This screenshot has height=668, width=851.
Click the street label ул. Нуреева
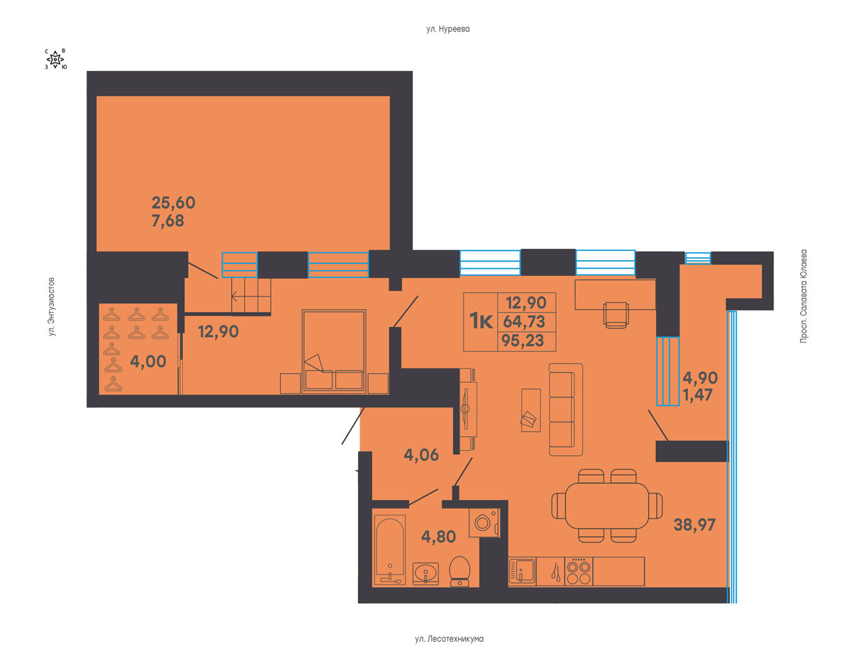[x=447, y=29]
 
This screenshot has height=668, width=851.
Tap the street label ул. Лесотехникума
[x=449, y=639]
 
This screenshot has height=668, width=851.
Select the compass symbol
[x=55, y=60]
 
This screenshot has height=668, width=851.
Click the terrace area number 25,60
[x=173, y=203]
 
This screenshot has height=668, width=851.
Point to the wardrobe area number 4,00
[x=148, y=362]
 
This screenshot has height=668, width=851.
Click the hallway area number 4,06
[x=421, y=455]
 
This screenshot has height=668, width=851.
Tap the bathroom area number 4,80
[x=438, y=536]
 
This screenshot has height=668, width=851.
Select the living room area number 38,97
[x=694, y=525]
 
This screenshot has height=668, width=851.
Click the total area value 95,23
[x=523, y=340]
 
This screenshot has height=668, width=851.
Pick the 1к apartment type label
[x=481, y=321]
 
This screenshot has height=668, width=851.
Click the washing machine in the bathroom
[x=484, y=523]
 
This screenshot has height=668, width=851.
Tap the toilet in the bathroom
[x=460, y=572]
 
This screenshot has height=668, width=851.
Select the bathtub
[x=389, y=550]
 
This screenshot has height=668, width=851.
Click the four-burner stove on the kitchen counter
[x=579, y=572]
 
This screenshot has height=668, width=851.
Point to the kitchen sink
[x=522, y=572]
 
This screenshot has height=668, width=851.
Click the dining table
[x=607, y=506]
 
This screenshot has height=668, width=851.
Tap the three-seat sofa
[x=565, y=410]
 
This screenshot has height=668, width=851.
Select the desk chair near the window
[x=616, y=315]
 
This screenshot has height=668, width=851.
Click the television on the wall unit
[x=465, y=408]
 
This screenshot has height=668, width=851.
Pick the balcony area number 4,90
[x=700, y=378]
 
